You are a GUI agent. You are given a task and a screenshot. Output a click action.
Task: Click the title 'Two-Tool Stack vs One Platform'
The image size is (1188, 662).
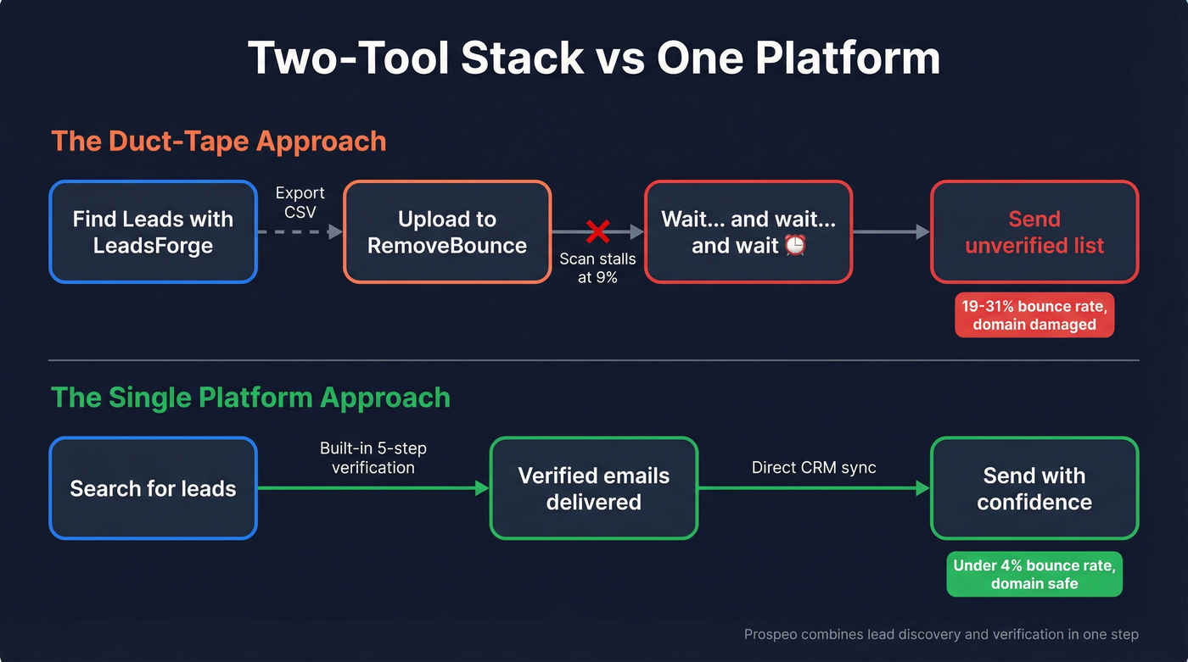pyautogui.click(x=593, y=58)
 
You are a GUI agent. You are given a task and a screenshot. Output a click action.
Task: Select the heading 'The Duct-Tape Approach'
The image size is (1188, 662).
pyautogui.click(x=219, y=141)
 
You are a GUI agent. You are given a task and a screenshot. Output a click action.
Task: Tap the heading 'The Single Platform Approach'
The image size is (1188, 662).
pyautogui.click(x=250, y=398)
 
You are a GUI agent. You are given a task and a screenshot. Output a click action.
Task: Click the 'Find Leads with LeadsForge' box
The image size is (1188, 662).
pyautogui.click(x=153, y=232)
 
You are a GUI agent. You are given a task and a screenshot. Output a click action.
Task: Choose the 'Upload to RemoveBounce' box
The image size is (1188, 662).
pyautogui.click(x=447, y=232)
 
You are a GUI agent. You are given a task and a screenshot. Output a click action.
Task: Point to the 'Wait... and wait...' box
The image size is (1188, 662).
pyautogui.click(x=748, y=232)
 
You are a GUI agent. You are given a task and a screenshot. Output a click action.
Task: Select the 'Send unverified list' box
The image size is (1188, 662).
pyautogui.click(x=1034, y=232)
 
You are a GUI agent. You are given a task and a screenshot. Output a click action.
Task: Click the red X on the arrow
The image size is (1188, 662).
pyautogui.click(x=598, y=231)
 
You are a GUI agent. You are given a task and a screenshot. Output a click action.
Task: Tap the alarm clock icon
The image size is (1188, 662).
pyautogui.click(x=795, y=246)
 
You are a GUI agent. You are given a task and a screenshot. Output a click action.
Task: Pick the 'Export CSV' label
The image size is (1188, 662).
pyautogui.click(x=300, y=203)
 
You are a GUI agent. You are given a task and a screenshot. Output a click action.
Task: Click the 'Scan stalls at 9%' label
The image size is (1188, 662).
pyautogui.click(x=597, y=268)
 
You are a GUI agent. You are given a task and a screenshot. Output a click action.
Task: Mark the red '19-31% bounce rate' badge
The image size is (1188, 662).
pyautogui.click(x=1034, y=315)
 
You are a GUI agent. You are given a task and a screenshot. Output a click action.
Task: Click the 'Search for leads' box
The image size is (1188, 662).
pyautogui.click(x=153, y=488)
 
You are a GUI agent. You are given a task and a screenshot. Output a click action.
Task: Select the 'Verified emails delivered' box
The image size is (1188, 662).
pyautogui.click(x=593, y=488)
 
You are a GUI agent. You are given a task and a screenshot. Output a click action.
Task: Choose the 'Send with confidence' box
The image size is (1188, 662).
pyautogui.click(x=1034, y=488)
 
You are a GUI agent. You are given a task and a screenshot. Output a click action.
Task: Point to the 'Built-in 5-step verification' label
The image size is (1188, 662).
pyautogui.click(x=373, y=458)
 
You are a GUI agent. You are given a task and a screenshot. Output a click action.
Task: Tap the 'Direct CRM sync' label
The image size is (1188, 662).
pyautogui.click(x=814, y=467)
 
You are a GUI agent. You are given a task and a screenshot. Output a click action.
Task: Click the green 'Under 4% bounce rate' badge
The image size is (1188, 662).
pyautogui.click(x=1034, y=575)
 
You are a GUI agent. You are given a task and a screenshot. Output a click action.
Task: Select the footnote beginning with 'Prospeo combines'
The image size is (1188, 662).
pyautogui.click(x=941, y=634)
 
